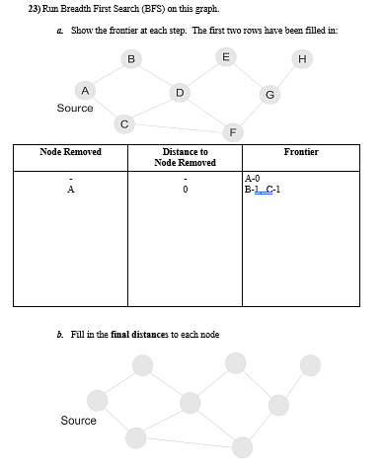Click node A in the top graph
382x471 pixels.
click(x=85, y=90)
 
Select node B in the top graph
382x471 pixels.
click(x=130, y=59)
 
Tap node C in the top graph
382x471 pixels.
click(x=123, y=123)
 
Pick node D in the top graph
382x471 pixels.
click(x=179, y=93)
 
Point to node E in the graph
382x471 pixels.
click(x=226, y=57)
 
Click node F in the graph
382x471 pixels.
click(x=232, y=130)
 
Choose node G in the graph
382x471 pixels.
click(x=269, y=95)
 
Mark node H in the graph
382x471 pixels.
click(x=302, y=58)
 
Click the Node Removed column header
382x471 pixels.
click(x=70, y=152)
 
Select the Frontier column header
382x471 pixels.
click(x=301, y=152)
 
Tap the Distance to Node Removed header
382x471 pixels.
click(x=185, y=157)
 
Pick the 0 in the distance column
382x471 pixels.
click(x=185, y=191)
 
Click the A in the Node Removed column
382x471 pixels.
click(x=70, y=191)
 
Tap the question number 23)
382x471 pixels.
click(x=35, y=9)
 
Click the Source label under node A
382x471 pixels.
click(x=75, y=109)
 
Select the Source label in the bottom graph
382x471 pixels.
click(x=79, y=421)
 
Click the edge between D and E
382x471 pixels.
click(x=202, y=75)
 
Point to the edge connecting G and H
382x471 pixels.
click(x=286, y=76)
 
